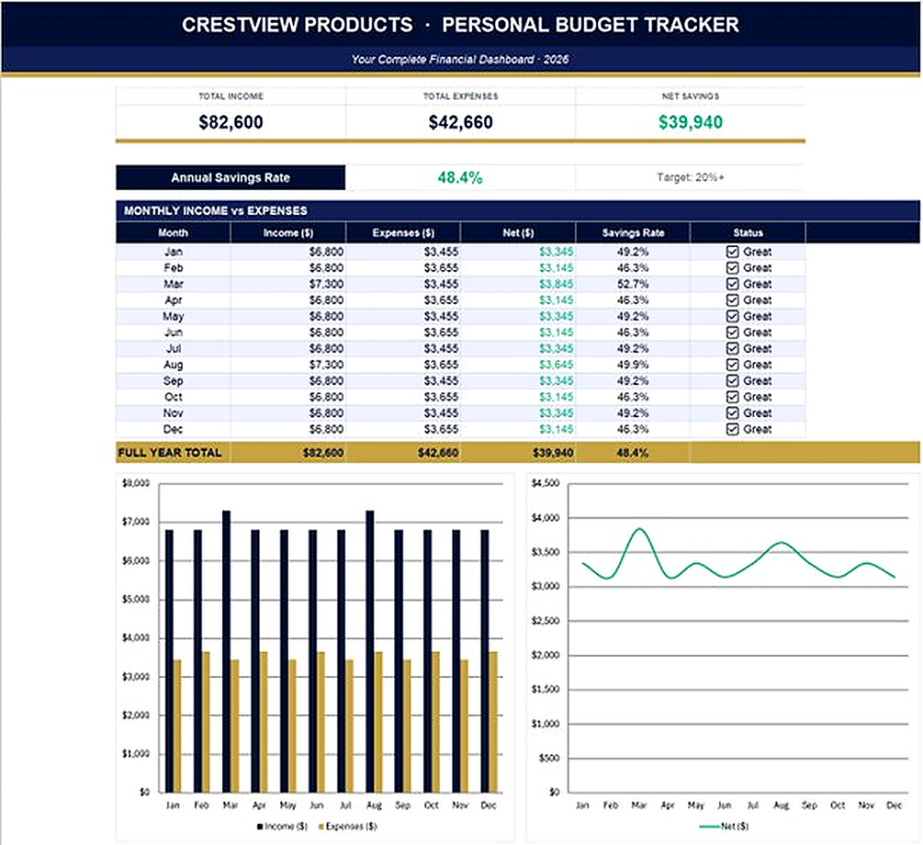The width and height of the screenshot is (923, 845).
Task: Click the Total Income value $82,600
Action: [231, 122]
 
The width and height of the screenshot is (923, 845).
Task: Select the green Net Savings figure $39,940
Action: [691, 122]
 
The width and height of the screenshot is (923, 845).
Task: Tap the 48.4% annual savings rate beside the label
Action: [460, 177]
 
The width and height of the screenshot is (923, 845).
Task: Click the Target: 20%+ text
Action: [691, 177]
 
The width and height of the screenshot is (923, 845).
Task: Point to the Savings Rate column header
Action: [633, 232]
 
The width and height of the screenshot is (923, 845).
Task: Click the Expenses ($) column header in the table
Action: [403, 232]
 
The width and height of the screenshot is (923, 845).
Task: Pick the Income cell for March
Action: [326, 284]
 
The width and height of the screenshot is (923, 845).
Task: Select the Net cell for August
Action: [557, 365]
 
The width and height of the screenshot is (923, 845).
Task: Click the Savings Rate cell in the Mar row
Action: [633, 284]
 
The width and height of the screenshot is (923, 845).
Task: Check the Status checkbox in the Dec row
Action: [732, 429]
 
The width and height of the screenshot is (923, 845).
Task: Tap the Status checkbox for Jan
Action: [732, 252]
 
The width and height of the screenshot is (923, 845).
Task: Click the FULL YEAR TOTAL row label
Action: [170, 453]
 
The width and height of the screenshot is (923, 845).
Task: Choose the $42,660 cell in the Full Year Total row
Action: [438, 453]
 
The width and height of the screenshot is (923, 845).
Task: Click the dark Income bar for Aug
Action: [370, 651]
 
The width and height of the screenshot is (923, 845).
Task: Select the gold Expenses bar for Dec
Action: [493, 722]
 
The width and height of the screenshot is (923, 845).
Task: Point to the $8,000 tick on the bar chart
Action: [136, 483]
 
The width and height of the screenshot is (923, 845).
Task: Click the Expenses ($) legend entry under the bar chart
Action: [347, 826]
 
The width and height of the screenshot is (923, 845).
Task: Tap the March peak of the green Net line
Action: [640, 529]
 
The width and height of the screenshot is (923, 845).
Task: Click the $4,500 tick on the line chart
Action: [546, 483]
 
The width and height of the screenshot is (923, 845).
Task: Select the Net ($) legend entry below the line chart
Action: [724, 826]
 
